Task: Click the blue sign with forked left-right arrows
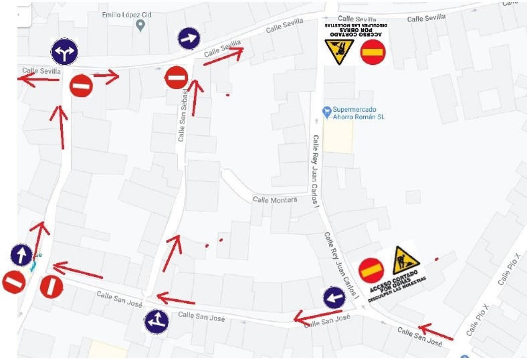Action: [64, 52]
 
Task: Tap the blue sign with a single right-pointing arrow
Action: [189, 39]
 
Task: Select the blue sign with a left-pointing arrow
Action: [334, 298]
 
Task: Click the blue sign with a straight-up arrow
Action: [21, 255]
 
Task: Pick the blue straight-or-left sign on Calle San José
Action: [156, 321]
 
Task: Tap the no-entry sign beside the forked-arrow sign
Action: [81, 86]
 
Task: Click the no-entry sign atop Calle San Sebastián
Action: [176, 78]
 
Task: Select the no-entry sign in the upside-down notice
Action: [372, 52]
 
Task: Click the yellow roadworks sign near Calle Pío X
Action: [406, 260]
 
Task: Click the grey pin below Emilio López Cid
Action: [140, 26]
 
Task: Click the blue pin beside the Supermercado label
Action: [326, 111]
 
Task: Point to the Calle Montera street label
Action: [274, 199]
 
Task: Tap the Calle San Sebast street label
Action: [182, 116]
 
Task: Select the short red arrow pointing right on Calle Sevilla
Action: [106, 76]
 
